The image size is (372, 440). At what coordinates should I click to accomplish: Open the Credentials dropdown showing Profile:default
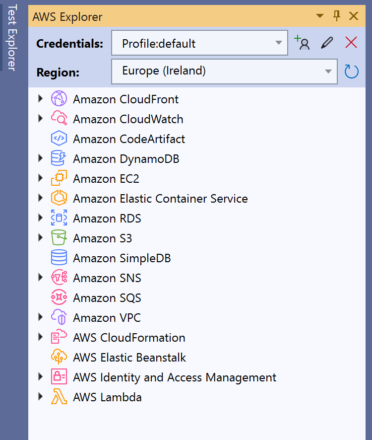tap(199, 43)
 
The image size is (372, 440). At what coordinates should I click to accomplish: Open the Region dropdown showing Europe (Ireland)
tap(224, 71)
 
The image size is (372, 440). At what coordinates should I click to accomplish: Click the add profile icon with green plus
tap(302, 43)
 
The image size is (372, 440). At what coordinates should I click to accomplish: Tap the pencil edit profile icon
tap(326, 43)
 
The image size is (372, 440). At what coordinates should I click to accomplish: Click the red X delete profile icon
tap(351, 43)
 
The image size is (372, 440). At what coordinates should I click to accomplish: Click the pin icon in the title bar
tap(337, 16)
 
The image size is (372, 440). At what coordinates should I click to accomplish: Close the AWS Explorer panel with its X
tap(354, 16)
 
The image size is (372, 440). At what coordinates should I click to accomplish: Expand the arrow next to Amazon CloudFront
tap(41, 99)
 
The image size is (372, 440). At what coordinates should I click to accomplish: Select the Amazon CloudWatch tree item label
tap(128, 119)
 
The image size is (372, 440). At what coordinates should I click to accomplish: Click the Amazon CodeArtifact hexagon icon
tap(59, 139)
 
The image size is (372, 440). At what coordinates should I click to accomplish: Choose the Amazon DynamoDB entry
tap(126, 159)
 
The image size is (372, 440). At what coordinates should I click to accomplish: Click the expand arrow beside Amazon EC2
tap(41, 178)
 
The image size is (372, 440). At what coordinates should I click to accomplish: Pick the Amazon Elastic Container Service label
tap(160, 199)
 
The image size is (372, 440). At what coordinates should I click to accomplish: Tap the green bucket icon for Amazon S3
tap(59, 238)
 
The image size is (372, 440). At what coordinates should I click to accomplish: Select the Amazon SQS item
tap(107, 298)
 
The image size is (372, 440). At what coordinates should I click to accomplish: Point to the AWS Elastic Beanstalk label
tap(129, 358)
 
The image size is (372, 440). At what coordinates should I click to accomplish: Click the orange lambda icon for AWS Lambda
tap(59, 397)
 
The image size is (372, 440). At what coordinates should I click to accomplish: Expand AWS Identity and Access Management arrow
tap(41, 377)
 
